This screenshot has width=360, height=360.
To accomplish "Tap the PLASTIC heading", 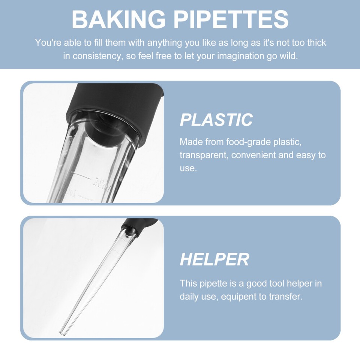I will [216, 120].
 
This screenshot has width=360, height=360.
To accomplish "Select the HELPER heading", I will [214, 259].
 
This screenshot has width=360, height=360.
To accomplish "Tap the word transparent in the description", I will [204, 155].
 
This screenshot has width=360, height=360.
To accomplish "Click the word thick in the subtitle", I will [316, 43].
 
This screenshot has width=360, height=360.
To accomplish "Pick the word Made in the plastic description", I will [190, 142].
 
